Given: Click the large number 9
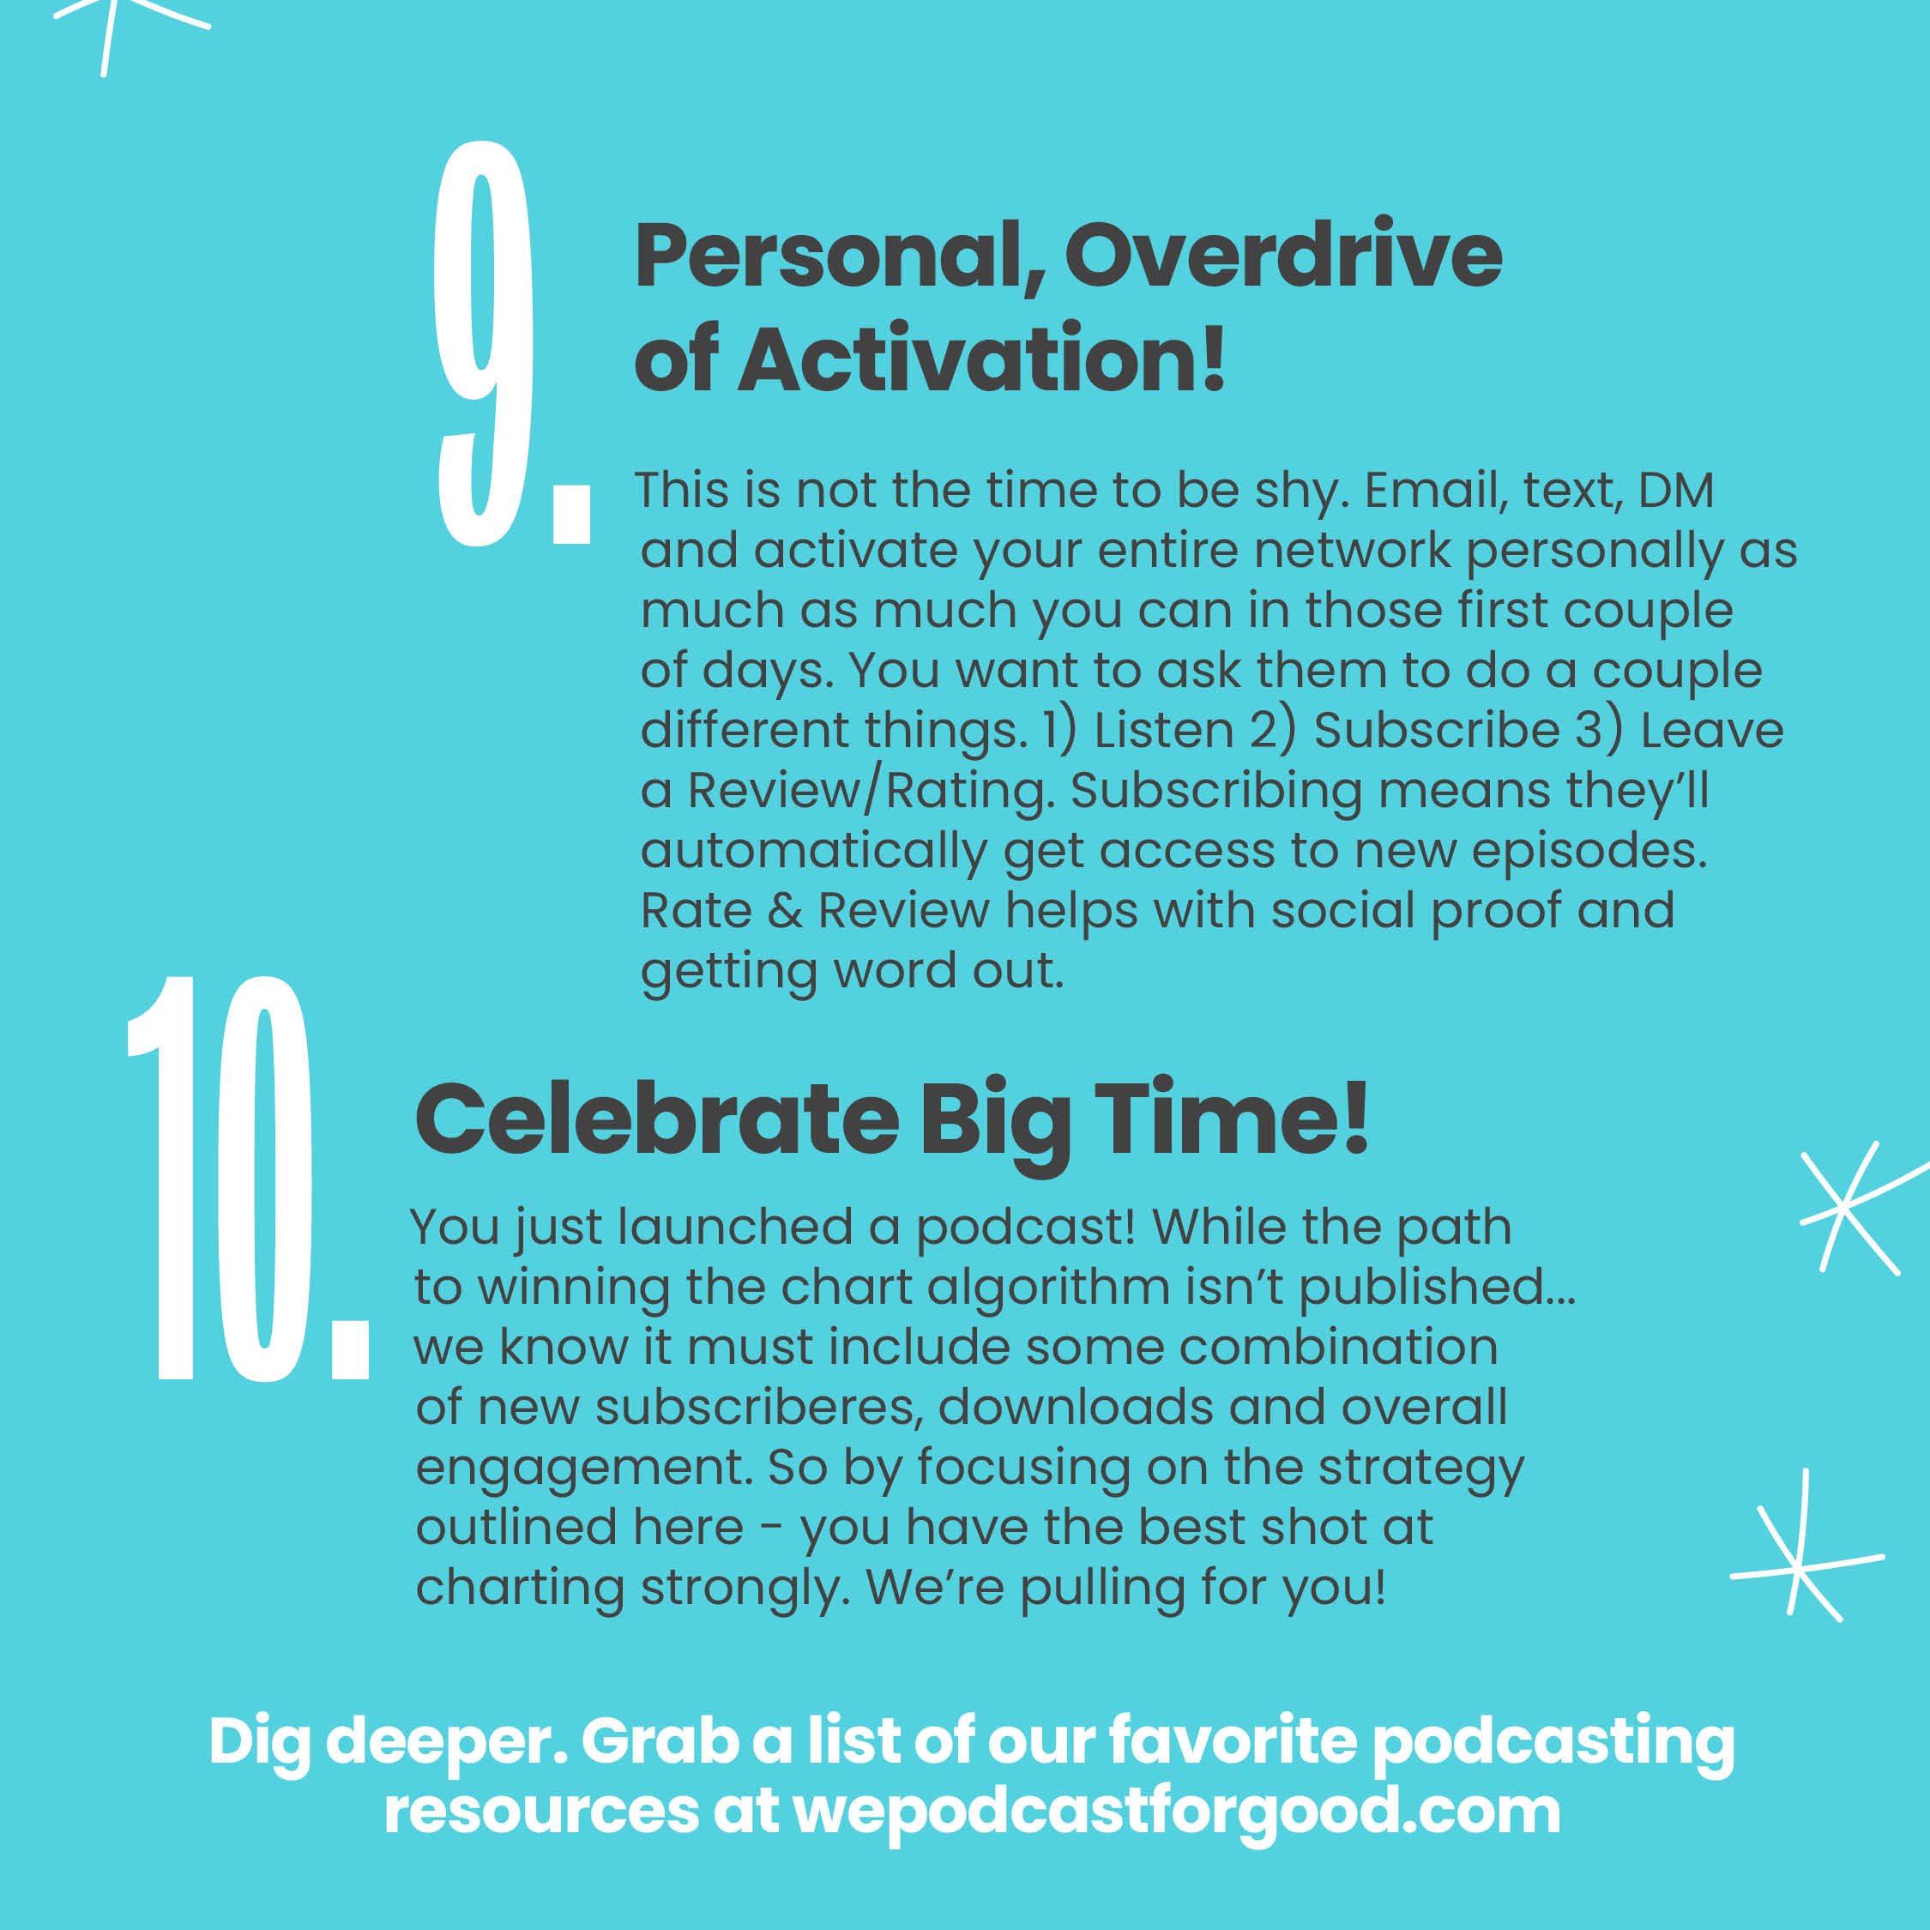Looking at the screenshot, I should [x=486, y=345].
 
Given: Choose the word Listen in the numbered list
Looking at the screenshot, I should [x=1164, y=730].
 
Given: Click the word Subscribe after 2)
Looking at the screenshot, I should [x=1437, y=730].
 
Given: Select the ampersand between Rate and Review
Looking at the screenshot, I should [x=785, y=911].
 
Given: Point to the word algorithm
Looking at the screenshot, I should [x=1048, y=1288].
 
